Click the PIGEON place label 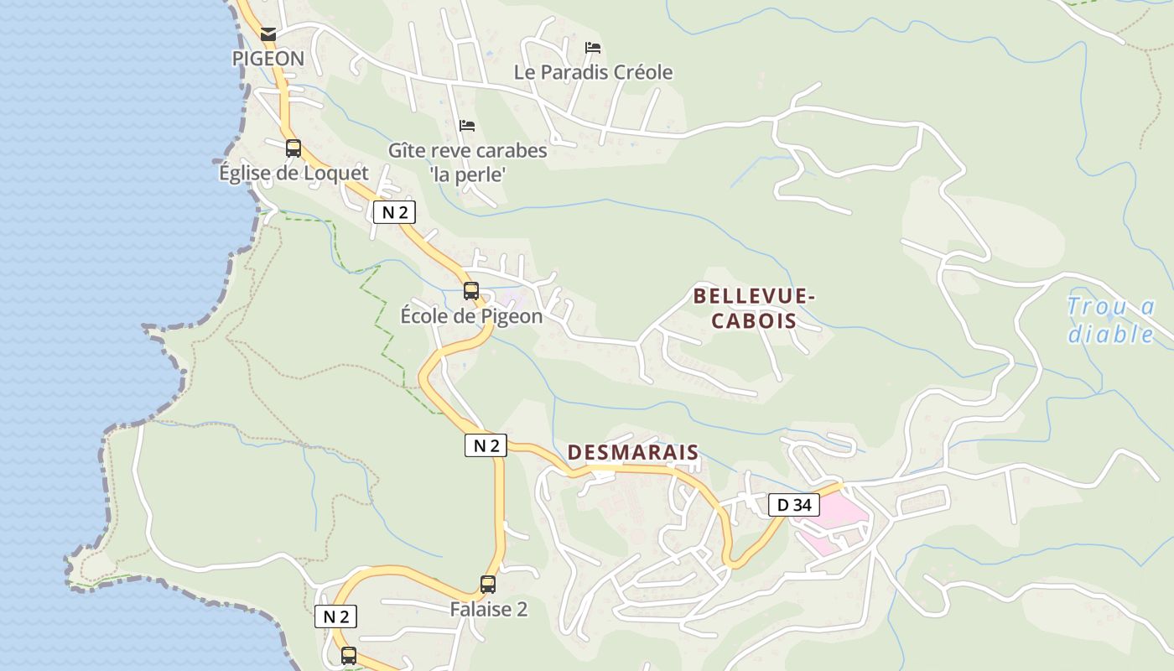[x=268, y=59]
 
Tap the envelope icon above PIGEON [x=268, y=34]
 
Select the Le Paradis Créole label [x=593, y=72]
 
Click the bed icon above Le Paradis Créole [x=593, y=47]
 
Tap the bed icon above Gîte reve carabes [x=467, y=126]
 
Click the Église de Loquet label [x=293, y=173]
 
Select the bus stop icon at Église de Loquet [x=293, y=148]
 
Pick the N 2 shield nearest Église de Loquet [x=394, y=212]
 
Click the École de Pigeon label [x=471, y=316]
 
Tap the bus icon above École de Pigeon [x=471, y=291]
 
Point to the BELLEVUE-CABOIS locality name [x=754, y=308]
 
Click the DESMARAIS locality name [x=632, y=452]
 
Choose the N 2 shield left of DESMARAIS [x=486, y=445]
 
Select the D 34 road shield [x=793, y=505]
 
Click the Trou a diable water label [x=1111, y=320]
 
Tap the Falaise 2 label [x=488, y=610]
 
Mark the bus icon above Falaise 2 [x=488, y=585]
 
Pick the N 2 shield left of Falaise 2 [x=335, y=616]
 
